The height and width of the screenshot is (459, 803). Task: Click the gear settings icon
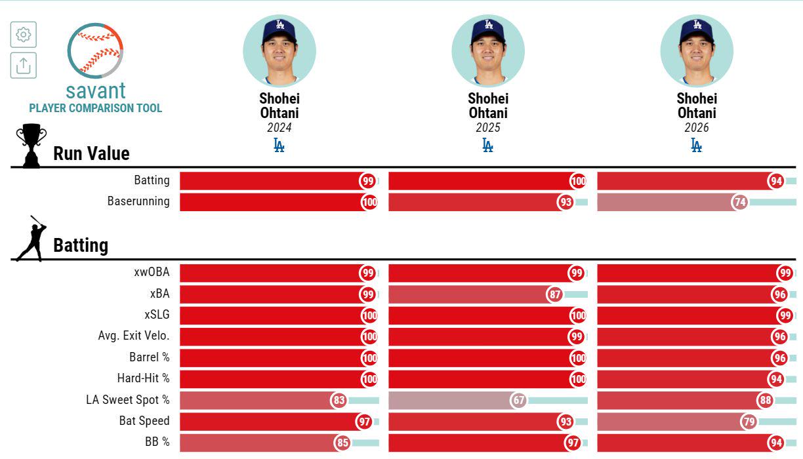(x=24, y=34)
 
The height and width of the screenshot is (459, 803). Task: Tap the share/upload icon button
(x=24, y=65)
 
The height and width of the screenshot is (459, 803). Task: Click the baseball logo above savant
(x=95, y=50)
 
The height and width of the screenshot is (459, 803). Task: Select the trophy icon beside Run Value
(x=31, y=146)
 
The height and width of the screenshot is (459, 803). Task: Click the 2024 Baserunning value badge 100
(x=369, y=202)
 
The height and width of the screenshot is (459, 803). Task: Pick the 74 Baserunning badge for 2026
(x=740, y=202)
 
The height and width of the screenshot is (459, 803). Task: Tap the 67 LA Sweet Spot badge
(x=518, y=400)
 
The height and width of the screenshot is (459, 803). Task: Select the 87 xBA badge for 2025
(x=554, y=294)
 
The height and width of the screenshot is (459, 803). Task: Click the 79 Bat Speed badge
(x=749, y=422)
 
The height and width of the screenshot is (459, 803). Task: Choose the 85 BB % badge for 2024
(x=342, y=443)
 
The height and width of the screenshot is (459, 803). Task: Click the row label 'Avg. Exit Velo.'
(x=134, y=336)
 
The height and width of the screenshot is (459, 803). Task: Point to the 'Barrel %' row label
(x=149, y=357)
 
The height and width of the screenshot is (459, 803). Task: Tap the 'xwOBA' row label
(x=152, y=272)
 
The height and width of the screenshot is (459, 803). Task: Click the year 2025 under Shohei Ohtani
(x=488, y=128)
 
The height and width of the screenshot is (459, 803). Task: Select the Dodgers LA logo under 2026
(x=697, y=145)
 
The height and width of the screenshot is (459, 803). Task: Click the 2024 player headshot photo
(x=279, y=51)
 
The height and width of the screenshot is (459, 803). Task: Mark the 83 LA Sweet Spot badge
(x=339, y=400)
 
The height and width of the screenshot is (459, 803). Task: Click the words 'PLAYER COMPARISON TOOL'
(x=95, y=108)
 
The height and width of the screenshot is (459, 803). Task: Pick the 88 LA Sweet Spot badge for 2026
(x=766, y=400)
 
